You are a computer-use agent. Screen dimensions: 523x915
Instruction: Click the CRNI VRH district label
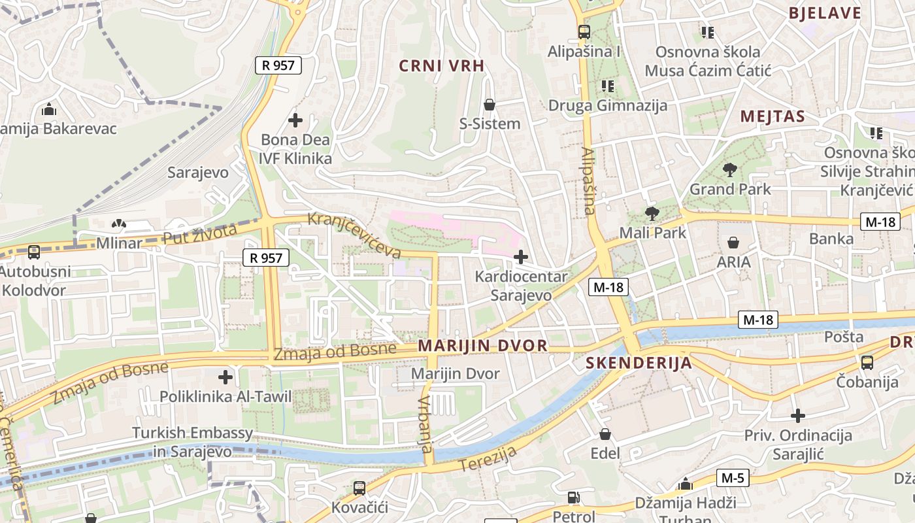[x=442, y=65]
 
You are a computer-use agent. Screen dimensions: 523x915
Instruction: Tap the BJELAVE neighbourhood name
[x=825, y=13]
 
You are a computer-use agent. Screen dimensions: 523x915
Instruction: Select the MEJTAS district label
[x=772, y=117]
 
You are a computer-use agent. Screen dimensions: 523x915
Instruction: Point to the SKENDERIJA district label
[x=639, y=363]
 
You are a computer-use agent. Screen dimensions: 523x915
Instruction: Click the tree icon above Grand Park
[x=730, y=171]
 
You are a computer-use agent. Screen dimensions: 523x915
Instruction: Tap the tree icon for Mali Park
[x=652, y=214]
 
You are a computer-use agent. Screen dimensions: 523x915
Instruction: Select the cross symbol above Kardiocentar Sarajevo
[x=521, y=257]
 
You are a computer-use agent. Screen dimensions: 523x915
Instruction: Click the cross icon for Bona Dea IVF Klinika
[x=295, y=120]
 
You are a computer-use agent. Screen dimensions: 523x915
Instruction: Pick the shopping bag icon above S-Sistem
[x=489, y=105]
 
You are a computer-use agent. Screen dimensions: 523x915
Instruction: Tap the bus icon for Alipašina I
[x=584, y=31]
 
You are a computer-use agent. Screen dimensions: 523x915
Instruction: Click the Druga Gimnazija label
[x=607, y=105]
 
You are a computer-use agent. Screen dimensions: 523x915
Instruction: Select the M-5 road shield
[x=733, y=478]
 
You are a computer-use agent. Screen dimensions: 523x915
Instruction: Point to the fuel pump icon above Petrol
[x=573, y=498]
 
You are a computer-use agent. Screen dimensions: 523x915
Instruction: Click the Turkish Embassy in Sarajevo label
[x=192, y=442]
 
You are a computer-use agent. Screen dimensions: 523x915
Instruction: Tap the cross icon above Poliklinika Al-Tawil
[x=225, y=377]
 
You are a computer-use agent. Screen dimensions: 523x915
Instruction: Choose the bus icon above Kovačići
[x=359, y=488]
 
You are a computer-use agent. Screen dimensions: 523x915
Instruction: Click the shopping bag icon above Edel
[x=605, y=434]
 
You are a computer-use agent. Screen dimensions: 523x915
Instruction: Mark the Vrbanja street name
[x=425, y=424]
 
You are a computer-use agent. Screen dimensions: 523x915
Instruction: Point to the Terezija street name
[x=488, y=459]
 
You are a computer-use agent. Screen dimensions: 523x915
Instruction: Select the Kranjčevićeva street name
[x=354, y=234]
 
